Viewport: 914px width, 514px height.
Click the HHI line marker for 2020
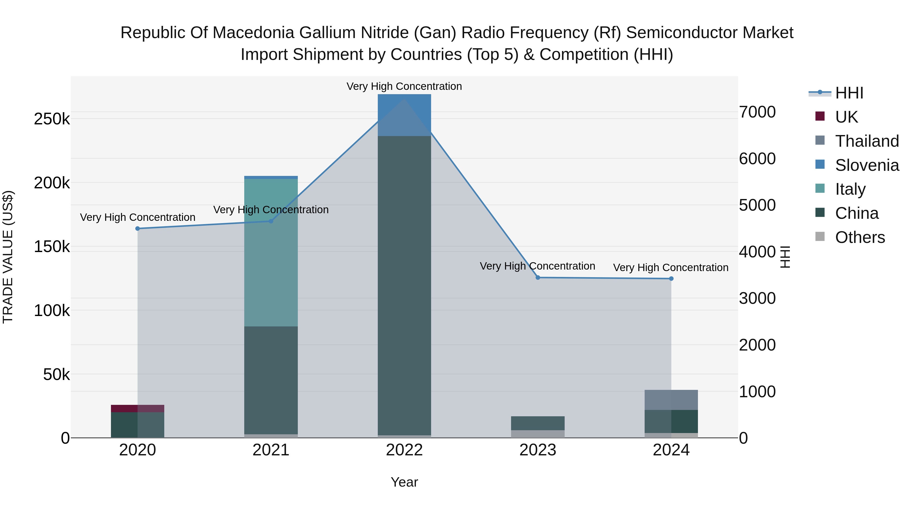click(x=138, y=228)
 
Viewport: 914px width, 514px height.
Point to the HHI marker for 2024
click(x=671, y=278)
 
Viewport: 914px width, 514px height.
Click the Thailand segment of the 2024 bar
click(x=671, y=400)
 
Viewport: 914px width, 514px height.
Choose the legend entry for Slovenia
click(x=867, y=165)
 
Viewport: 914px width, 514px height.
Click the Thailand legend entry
click(x=867, y=141)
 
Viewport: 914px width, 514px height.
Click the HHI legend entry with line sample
click(x=849, y=93)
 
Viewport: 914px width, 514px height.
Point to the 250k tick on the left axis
click(x=52, y=119)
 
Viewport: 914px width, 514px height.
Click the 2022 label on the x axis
click(x=404, y=450)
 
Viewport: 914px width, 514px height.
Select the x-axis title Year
click(x=404, y=482)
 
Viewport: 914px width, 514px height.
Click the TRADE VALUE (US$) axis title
click(x=8, y=257)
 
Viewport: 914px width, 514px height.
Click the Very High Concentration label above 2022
click(x=404, y=86)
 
